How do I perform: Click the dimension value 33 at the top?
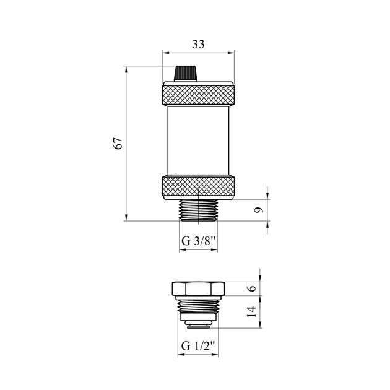tap(198, 45)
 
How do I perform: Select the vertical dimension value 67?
tap(118, 143)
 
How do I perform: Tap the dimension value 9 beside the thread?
tap(259, 210)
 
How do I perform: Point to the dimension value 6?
tap(253, 288)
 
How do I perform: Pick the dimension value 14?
tap(252, 311)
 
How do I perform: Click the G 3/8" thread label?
tap(198, 241)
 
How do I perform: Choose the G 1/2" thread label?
tap(198, 346)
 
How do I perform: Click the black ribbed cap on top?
tap(186, 74)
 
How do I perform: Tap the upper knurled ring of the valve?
tap(198, 95)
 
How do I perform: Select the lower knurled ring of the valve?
tap(198, 186)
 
